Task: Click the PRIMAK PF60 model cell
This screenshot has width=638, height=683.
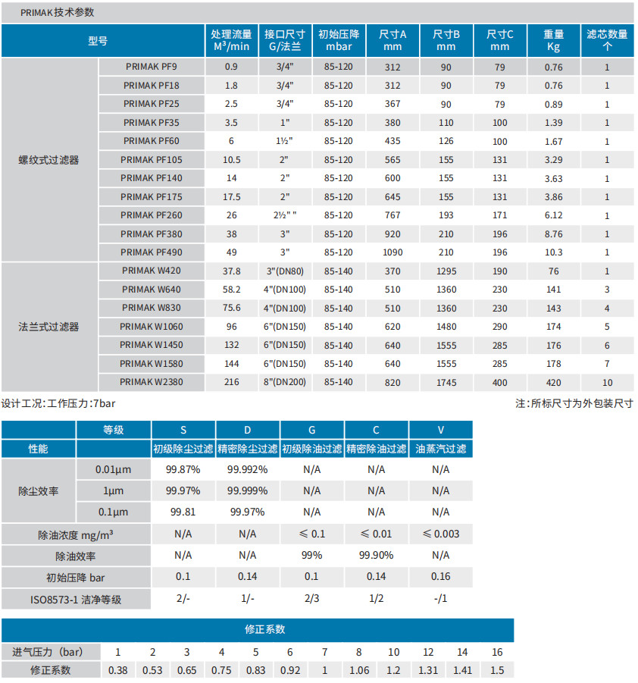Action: (151, 141)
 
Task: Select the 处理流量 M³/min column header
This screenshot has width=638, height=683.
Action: (231, 40)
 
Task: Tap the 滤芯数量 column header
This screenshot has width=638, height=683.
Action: (607, 40)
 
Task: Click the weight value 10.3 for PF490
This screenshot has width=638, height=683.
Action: (553, 252)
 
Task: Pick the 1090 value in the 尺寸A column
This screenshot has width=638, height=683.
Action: (392, 252)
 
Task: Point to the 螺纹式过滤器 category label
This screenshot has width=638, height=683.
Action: (48, 160)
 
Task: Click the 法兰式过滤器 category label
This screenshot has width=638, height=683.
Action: (48, 327)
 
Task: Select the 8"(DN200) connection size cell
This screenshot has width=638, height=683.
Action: (285, 383)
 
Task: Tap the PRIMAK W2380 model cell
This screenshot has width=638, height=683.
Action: (151, 382)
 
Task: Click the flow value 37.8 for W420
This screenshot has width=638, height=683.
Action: (231, 271)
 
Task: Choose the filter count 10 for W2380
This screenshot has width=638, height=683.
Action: (607, 383)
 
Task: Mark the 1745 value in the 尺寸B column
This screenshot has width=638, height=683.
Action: (446, 383)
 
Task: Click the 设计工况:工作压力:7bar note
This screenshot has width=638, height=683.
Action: (58, 403)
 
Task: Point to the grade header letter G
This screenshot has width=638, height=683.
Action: (312, 431)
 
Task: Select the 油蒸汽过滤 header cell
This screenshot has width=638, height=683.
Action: (441, 449)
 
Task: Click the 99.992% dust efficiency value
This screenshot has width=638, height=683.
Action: (247, 469)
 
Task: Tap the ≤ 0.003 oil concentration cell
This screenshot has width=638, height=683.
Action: (441, 534)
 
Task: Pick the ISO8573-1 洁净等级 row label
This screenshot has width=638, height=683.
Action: (76, 600)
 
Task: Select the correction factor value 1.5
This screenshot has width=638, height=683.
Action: (497, 670)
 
